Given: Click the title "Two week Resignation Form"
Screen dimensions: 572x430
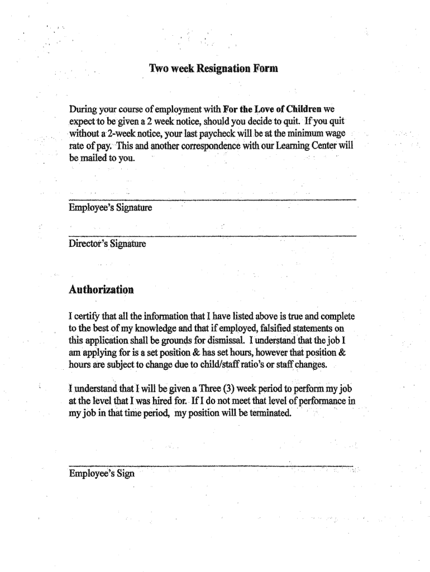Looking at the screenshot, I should (213, 69).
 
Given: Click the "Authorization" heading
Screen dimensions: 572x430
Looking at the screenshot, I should (101, 290).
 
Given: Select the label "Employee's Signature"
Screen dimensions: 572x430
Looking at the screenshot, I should (110, 208).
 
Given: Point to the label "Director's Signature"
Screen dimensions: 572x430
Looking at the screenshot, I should (107, 244).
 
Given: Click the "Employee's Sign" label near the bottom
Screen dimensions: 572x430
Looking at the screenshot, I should (102, 474).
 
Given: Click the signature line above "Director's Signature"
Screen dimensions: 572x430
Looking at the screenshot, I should (212, 236).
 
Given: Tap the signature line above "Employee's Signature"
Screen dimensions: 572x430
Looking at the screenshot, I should (212, 199).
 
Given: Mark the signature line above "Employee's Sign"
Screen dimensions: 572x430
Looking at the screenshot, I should (211, 465).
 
